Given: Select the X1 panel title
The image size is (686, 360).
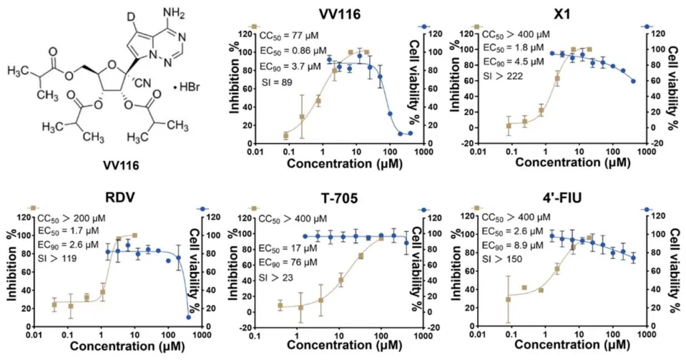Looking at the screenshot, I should [x=564, y=14].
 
